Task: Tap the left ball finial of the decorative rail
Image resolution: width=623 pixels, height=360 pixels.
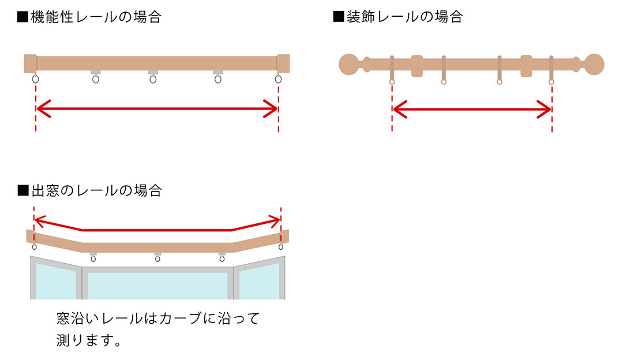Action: click(349, 64)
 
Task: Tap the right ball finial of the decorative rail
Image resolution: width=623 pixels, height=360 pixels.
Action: click(594, 64)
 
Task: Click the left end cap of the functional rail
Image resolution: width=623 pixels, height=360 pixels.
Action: click(31, 63)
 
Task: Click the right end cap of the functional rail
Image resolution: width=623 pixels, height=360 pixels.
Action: click(283, 63)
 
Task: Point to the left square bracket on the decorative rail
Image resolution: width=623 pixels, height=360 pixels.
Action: click(417, 66)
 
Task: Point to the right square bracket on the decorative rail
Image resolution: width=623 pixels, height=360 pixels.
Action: click(526, 66)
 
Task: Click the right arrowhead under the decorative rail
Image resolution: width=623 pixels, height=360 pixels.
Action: click(545, 108)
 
